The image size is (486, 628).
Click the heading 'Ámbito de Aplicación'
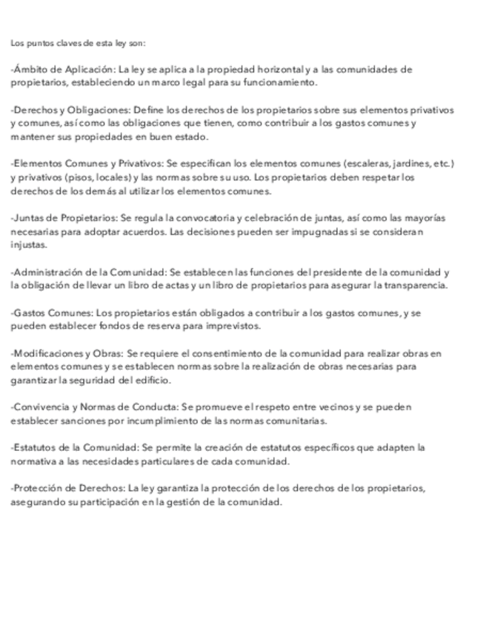62,70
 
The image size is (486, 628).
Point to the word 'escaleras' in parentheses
362,162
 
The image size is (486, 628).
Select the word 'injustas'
28,244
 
